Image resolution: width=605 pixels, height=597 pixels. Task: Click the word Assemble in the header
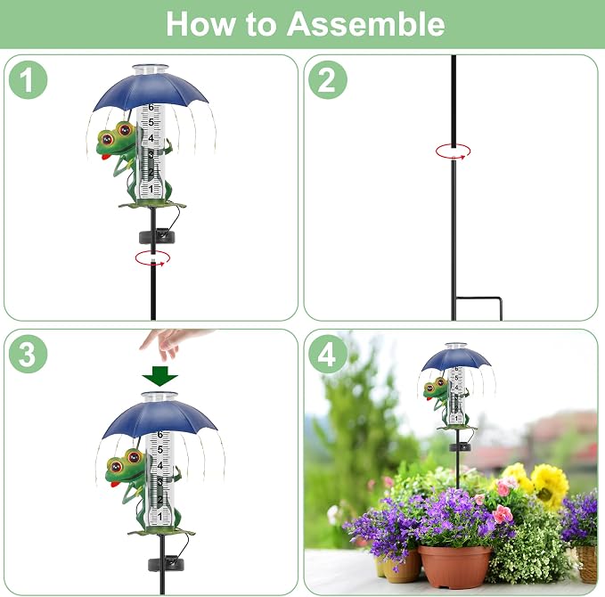[366, 24]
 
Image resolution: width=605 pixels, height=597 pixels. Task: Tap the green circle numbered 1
[28, 80]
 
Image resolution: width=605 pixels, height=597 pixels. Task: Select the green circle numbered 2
[328, 80]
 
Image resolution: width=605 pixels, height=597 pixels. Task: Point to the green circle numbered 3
[28, 354]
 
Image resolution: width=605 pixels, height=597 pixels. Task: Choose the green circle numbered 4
[328, 354]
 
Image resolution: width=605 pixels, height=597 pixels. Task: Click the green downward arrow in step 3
[159, 376]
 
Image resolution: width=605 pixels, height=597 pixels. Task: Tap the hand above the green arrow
[170, 343]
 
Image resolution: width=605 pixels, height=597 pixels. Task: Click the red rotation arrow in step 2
[453, 151]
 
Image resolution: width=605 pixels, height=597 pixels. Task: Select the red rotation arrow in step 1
[152, 258]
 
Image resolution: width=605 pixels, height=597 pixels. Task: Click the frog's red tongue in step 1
[104, 157]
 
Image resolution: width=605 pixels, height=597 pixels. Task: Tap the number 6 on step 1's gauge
[151, 107]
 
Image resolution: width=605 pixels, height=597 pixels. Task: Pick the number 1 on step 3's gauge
[159, 516]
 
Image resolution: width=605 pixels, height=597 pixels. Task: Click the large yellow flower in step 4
[549, 486]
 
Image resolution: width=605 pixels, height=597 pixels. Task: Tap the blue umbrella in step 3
[159, 420]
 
